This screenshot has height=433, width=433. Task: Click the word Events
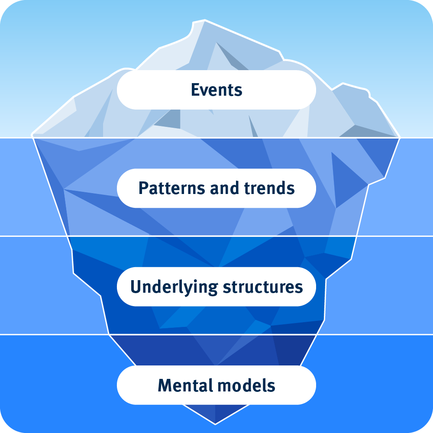point(216,90)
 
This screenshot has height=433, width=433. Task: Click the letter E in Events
point(195,90)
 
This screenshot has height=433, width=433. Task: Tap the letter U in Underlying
point(135,287)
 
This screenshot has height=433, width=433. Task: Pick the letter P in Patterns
point(142,188)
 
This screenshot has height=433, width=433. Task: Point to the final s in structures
point(299,288)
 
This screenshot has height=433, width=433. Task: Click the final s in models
point(271,386)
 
